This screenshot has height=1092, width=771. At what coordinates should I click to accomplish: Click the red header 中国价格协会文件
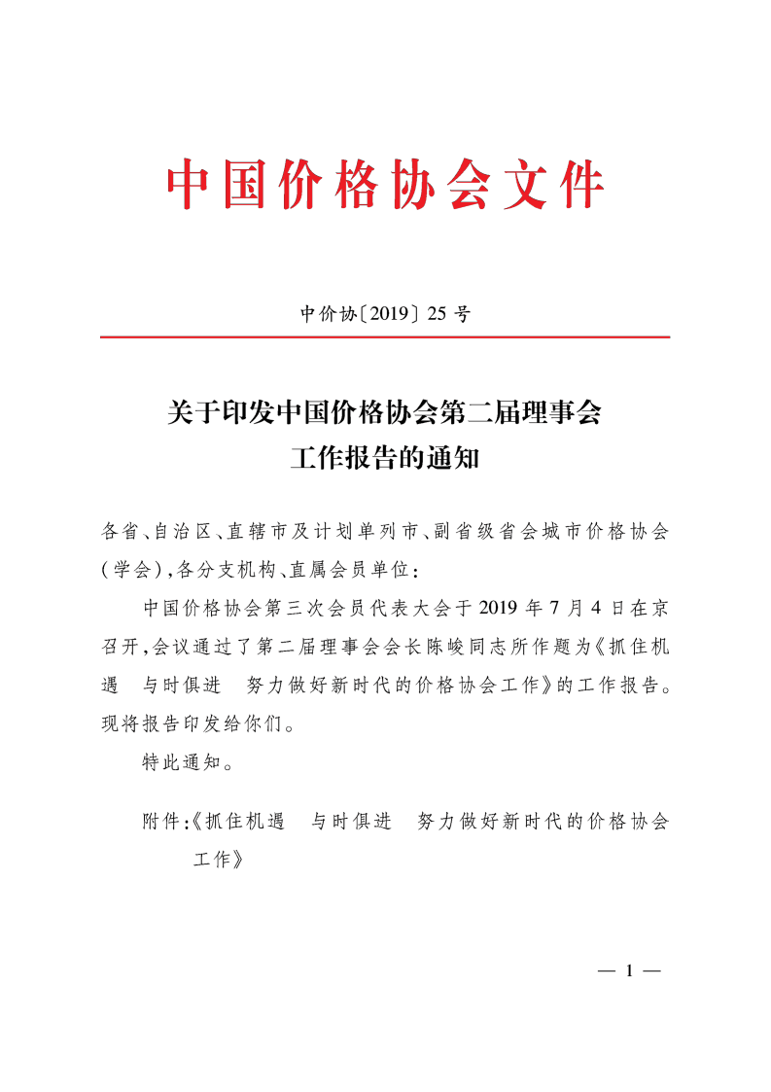click(386, 184)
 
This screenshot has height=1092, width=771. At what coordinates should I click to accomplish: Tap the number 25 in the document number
click(439, 314)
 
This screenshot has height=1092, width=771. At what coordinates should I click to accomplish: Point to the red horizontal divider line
click(385, 337)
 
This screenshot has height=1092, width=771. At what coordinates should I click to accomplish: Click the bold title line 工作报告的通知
click(385, 458)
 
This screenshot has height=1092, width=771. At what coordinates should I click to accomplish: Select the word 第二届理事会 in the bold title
click(522, 413)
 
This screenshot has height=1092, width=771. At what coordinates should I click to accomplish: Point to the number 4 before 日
click(606, 609)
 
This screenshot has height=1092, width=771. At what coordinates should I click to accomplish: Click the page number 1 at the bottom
click(629, 971)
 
